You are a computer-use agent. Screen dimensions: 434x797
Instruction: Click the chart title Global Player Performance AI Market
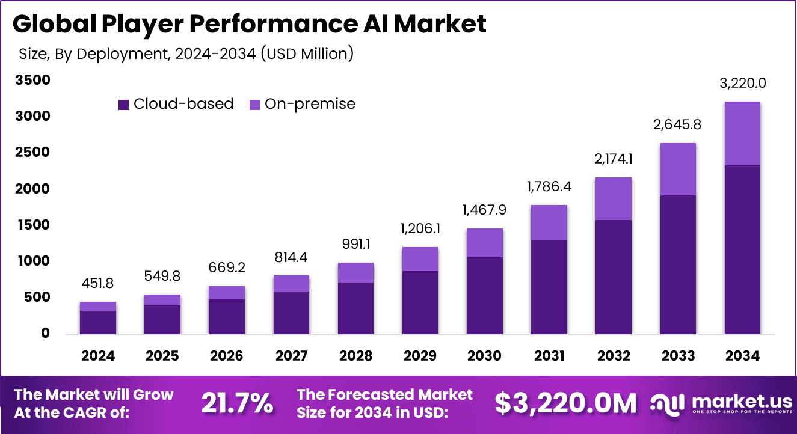point(249,24)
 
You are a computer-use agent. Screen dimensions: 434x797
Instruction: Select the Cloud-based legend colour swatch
point(124,105)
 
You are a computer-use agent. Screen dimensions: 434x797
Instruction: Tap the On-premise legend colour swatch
point(254,105)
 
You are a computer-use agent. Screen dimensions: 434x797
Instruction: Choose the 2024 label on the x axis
point(98,356)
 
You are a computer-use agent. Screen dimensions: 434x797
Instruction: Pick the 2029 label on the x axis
point(420,356)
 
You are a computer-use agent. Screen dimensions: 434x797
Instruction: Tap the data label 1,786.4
point(549,187)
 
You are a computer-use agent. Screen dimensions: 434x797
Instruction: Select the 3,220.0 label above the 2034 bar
point(742,83)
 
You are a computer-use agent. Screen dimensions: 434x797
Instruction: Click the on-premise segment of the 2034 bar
point(742,133)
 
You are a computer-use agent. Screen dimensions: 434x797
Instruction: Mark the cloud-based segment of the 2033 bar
point(678,264)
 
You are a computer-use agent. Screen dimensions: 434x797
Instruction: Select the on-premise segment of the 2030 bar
point(485,243)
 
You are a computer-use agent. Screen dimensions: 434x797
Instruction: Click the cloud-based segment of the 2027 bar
point(291,313)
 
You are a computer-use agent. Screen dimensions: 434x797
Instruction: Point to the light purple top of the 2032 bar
point(614,198)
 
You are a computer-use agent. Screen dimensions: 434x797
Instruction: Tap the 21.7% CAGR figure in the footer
point(237,403)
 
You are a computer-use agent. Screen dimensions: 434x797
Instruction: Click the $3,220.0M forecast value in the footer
point(565,403)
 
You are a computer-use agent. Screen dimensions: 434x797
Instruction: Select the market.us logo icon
point(668,403)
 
